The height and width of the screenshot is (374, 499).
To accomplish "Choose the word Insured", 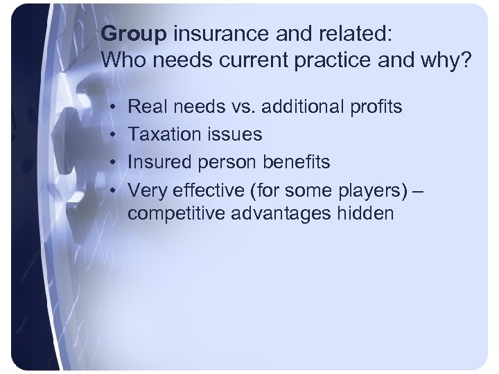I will [x=156, y=162].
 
